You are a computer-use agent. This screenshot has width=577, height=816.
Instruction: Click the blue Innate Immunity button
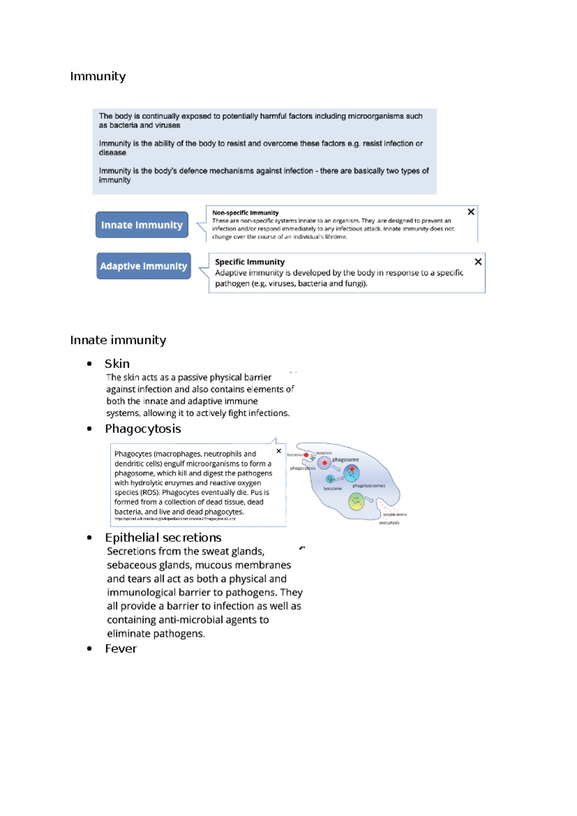(142, 225)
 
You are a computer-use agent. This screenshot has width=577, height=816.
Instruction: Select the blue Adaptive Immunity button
(143, 266)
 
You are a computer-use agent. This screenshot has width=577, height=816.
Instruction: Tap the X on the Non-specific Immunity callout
(471, 212)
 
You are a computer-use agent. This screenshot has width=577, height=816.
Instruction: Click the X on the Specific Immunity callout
(478, 262)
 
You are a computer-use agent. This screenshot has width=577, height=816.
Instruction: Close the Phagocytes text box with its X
(279, 451)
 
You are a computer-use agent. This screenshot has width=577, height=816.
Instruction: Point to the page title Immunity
(98, 76)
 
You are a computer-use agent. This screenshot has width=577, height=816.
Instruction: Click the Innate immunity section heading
(118, 340)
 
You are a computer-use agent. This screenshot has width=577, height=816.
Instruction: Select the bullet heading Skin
(117, 364)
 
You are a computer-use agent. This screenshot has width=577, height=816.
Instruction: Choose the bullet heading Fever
(121, 649)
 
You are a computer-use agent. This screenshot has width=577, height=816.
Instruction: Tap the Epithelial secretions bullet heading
(163, 537)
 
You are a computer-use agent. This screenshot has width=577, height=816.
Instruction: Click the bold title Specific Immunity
(250, 262)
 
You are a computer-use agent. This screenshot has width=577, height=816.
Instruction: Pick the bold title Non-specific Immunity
(245, 213)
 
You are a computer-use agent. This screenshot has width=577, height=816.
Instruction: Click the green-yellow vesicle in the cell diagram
(356, 502)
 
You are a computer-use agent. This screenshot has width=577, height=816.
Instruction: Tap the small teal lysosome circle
(330, 479)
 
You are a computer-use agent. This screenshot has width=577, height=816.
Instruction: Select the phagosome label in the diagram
(345, 459)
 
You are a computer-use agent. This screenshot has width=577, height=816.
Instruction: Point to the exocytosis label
(389, 523)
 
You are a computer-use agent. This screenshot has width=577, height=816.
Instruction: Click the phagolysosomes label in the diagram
(369, 485)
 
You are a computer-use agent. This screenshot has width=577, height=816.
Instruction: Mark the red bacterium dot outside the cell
(306, 455)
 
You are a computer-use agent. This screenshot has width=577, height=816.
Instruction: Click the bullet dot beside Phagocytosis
(89, 429)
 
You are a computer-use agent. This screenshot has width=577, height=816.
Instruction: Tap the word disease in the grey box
(113, 153)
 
